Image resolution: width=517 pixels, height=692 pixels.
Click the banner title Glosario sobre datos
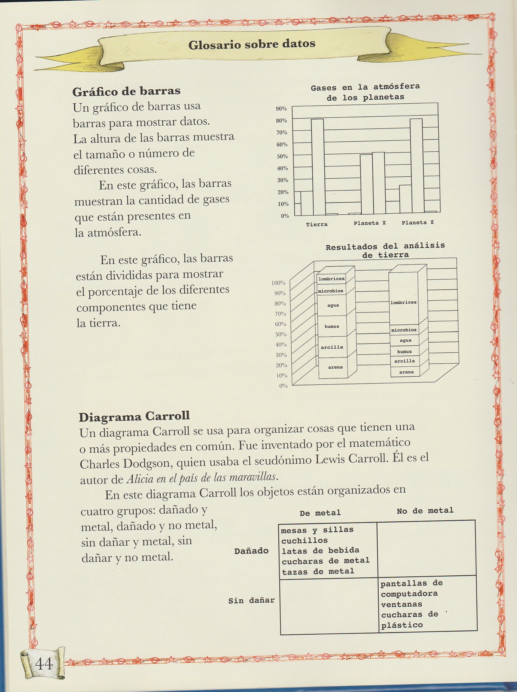click(251, 44)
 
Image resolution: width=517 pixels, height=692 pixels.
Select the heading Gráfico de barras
click(126, 91)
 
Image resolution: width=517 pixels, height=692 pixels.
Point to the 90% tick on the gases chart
click(281, 109)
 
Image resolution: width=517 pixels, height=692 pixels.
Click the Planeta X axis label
click(370, 223)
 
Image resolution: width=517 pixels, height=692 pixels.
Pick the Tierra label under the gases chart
click(316, 224)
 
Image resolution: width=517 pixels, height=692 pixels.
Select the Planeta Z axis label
click(418, 223)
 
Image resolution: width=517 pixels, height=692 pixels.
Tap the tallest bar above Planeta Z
click(416, 166)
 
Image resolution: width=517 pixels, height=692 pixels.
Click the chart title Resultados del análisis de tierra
click(385, 250)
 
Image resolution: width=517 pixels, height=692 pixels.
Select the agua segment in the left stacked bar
click(333, 305)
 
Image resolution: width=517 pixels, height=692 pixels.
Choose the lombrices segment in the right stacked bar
click(403, 302)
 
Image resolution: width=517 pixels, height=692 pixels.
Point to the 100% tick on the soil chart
click(278, 283)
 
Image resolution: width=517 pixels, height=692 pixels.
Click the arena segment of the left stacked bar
click(335, 367)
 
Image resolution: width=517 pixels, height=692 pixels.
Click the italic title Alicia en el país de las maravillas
click(202, 477)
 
